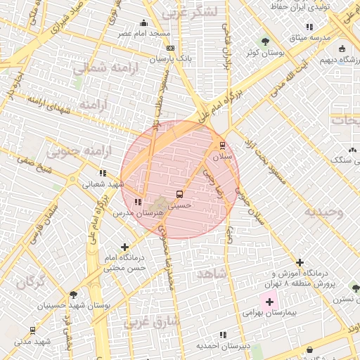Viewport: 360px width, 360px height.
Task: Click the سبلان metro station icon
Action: pyautogui.click(x=223, y=145)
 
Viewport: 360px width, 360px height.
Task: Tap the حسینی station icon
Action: pyautogui.click(x=179, y=195)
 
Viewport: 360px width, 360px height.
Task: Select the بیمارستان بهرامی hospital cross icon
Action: pyautogui.click(x=269, y=302)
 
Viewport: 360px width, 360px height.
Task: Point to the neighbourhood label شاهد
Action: pyautogui.click(x=211, y=273)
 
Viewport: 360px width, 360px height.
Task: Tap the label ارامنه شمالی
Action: pyautogui.click(x=98, y=68)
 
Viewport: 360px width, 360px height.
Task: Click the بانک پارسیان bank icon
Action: pyautogui.click(x=170, y=48)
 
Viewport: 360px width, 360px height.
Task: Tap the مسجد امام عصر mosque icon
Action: pyautogui.click(x=144, y=22)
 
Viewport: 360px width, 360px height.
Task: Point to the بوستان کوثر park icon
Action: pyautogui.click(x=265, y=41)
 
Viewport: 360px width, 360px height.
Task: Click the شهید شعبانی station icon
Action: pyautogui.click(x=103, y=173)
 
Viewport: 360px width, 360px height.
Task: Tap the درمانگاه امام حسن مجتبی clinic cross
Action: pyautogui.click(x=125, y=247)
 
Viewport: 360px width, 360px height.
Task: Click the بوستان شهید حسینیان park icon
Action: pyautogui.click(x=73, y=295)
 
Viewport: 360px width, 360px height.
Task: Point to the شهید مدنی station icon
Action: pyautogui.click(x=32, y=330)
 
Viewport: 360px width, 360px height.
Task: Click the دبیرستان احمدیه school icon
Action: pyautogui.click(x=223, y=335)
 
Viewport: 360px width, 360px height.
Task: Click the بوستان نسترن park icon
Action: pyautogui.click(x=355, y=288)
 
